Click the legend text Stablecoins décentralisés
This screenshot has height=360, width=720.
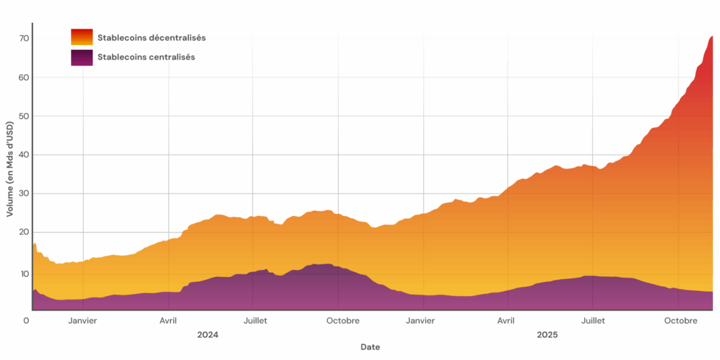coord(151,37)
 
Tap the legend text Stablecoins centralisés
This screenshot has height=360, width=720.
coord(146,57)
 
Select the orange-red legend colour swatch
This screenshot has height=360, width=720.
coord(82,37)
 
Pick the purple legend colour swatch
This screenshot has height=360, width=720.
coord(82,57)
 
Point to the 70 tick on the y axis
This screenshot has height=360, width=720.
coord(23,38)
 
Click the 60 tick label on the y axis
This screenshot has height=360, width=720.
coord(23,77)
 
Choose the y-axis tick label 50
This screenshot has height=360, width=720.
coord(23,115)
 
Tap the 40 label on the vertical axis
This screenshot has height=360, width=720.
coord(23,155)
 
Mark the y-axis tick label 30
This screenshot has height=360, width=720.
coord(23,193)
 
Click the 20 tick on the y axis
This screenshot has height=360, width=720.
coord(23,232)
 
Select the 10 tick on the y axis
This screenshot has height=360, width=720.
coord(23,273)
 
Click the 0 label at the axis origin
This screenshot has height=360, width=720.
coord(26,321)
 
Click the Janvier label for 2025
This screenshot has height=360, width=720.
coord(420,321)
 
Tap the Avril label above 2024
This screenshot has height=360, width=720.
coord(168,321)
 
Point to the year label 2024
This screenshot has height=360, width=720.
coord(207,335)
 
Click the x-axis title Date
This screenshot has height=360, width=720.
coord(370,347)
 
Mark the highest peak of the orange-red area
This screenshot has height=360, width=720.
coord(712,37)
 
